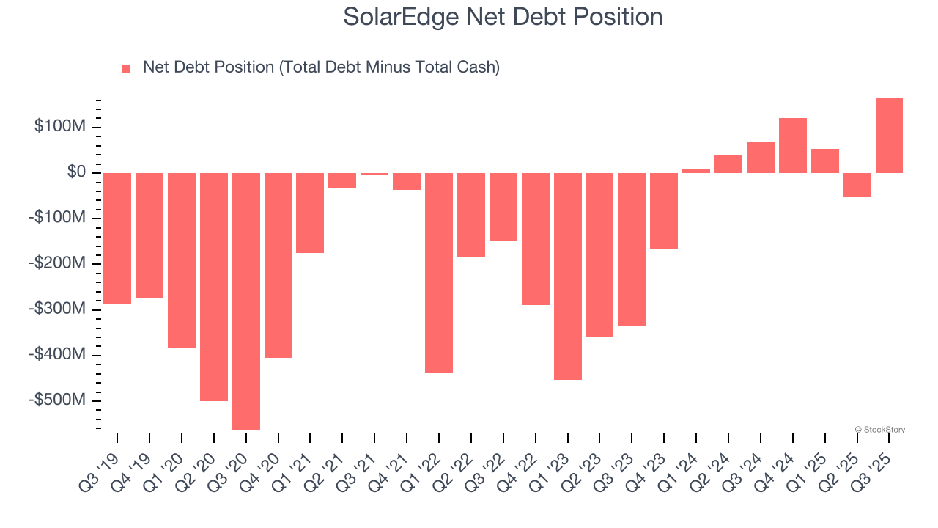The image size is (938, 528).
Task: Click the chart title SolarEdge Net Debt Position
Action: (x=503, y=16)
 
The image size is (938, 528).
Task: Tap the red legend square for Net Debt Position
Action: (x=126, y=69)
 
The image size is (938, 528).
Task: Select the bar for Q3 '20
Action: (x=245, y=301)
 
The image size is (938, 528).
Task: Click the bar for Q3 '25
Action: (x=889, y=135)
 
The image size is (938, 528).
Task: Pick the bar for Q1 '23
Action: (x=567, y=276)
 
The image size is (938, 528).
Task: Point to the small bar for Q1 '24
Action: (x=696, y=172)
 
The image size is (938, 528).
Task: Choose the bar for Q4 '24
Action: (x=792, y=145)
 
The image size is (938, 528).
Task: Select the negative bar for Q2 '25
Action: (x=857, y=185)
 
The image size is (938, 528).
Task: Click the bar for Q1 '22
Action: (x=439, y=272)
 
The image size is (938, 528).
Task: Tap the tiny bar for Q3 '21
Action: (x=374, y=174)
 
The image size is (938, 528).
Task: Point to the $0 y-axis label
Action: (x=76, y=172)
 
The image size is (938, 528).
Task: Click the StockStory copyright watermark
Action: (x=879, y=430)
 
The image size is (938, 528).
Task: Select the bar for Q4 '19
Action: (x=149, y=235)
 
